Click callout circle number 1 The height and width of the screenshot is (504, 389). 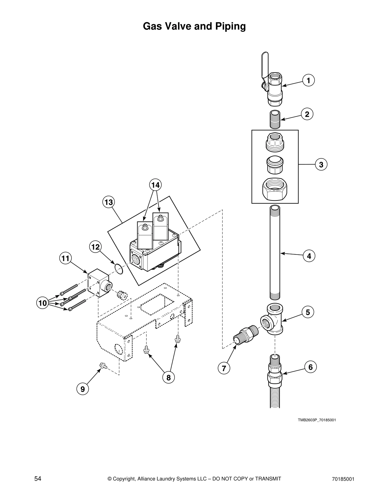[x=308, y=80]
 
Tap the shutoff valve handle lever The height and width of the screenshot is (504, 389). [x=265, y=65]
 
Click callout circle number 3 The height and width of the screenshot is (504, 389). [x=321, y=164]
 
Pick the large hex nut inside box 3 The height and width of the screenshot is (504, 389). [x=275, y=189]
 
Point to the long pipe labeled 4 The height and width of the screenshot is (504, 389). [x=275, y=253]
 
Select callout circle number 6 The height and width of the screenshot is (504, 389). [x=311, y=367]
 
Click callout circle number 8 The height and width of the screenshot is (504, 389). [x=168, y=378]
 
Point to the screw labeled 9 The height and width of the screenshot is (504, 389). [x=103, y=367]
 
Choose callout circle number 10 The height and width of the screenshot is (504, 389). [x=42, y=303]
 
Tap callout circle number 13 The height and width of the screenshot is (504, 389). [x=108, y=202]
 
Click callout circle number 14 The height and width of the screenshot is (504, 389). [x=155, y=185]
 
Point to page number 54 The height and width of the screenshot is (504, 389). [x=38, y=479]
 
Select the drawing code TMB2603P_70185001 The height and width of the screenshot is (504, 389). [x=317, y=420]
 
